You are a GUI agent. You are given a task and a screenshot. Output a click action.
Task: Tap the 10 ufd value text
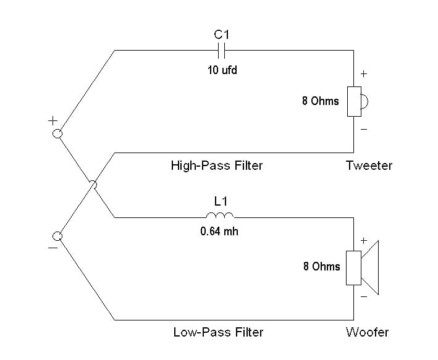click(x=222, y=70)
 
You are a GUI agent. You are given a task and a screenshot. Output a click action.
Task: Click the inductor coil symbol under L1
click(x=220, y=216)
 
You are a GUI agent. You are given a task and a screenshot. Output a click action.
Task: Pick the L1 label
click(x=220, y=201)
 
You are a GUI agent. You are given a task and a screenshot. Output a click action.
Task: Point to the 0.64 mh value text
click(x=221, y=233)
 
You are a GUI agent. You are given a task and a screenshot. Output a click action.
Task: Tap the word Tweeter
click(x=369, y=165)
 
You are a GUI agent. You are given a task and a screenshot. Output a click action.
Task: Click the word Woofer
click(x=368, y=332)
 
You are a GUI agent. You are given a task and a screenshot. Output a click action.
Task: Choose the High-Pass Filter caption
click(x=216, y=165)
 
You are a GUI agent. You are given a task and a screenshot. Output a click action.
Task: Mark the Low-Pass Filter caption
click(x=218, y=332)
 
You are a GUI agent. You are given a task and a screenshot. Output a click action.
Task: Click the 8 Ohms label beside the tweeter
click(x=320, y=101)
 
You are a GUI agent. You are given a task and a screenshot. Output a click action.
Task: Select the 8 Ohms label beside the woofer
click(x=321, y=267)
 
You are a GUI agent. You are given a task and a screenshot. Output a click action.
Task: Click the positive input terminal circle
click(x=57, y=134)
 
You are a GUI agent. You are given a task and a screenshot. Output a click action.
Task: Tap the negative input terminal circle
click(x=57, y=235)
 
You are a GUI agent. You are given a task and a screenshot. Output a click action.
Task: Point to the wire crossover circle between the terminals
click(x=93, y=184)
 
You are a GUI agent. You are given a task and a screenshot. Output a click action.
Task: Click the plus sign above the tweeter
click(x=363, y=73)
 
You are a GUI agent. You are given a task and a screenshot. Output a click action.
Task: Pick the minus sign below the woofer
click(x=363, y=297)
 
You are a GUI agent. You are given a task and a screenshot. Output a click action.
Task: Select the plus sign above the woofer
click(x=363, y=240)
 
